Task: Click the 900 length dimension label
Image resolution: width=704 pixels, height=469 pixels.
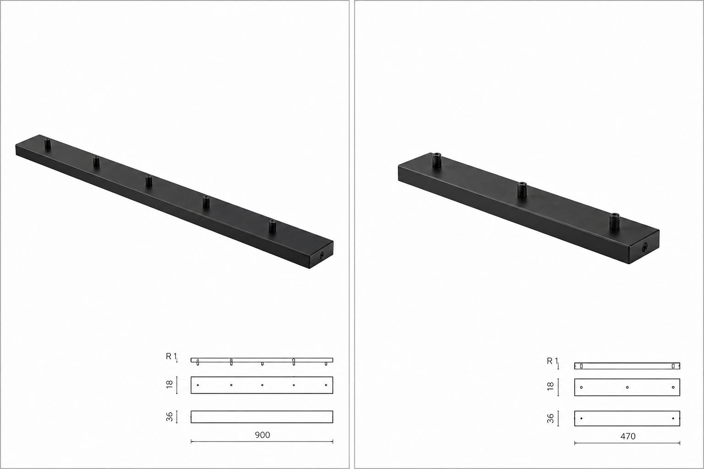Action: [262, 435]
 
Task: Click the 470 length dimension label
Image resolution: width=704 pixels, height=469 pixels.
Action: [628, 436]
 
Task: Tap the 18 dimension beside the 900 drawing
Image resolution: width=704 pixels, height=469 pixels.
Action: [170, 385]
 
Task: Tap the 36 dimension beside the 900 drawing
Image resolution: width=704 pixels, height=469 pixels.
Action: [170, 417]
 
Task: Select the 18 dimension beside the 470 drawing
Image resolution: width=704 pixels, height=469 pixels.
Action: [550, 387]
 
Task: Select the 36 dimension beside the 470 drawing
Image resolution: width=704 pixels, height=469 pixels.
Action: [550, 419]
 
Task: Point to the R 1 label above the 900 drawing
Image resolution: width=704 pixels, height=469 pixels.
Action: [171, 356]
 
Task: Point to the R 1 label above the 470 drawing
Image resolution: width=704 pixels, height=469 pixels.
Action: [552, 361]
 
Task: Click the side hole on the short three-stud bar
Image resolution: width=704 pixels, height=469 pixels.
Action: [644, 248]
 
